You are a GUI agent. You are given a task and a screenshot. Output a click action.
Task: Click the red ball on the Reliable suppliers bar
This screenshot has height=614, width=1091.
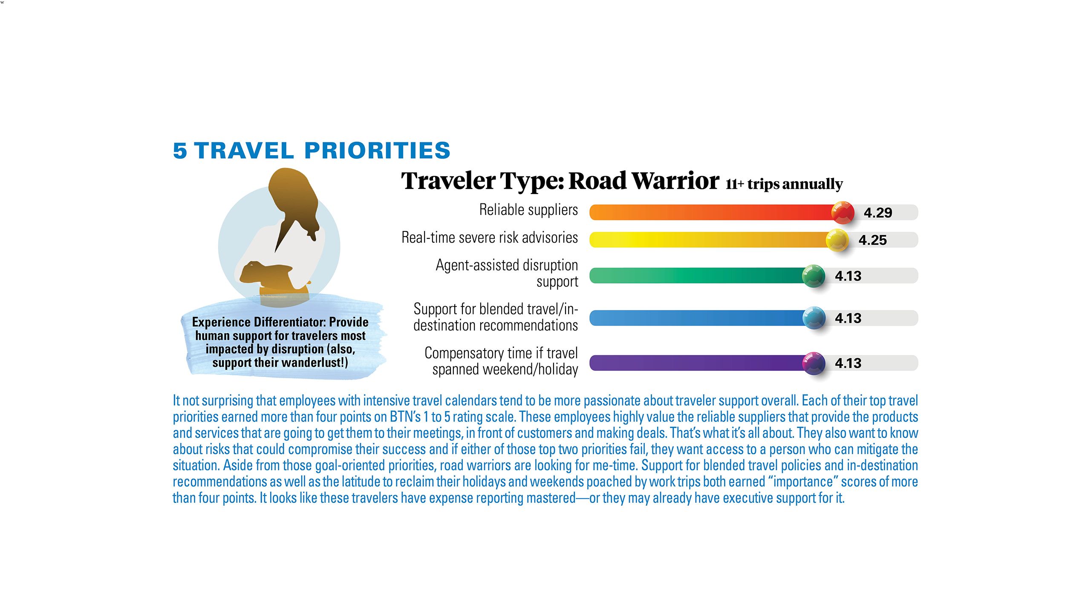[x=843, y=212]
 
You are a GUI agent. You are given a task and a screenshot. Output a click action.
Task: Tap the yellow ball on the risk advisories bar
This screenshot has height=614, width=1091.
[x=837, y=240]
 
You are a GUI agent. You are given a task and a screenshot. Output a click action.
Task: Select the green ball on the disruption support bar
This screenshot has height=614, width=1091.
[x=814, y=276]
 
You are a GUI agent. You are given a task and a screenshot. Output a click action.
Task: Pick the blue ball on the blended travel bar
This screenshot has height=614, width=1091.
[x=814, y=318]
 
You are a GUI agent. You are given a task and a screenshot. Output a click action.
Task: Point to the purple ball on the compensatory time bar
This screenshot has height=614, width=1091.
[x=814, y=363]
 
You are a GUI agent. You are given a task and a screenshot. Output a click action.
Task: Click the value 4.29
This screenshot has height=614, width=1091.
[x=878, y=212]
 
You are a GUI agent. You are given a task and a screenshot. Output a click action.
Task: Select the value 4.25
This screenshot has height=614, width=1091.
[x=872, y=240]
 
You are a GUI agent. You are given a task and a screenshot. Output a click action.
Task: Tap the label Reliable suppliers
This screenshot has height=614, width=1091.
[x=528, y=210]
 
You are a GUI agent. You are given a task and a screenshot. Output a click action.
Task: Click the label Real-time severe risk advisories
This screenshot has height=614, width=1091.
[x=490, y=237]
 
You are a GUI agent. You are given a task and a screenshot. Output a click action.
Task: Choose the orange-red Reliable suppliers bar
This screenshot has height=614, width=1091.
[x=712, y=212]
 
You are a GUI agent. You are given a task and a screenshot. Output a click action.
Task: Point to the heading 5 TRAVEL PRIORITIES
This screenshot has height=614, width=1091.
[x=312, y=151]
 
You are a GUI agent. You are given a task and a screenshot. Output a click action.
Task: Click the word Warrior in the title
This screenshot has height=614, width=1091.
[x=675, y=181]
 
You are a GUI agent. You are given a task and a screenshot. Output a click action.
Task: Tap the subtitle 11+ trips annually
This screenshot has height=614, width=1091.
[x=784, y=184]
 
